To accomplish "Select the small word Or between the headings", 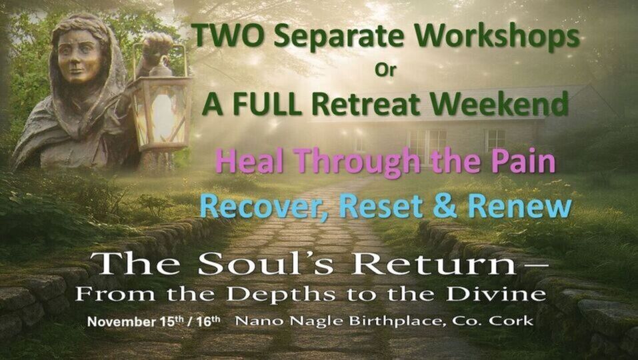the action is (x=385, y=70).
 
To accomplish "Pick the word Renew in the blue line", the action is (x=520, y=207).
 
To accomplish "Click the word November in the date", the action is (x=121, y=322).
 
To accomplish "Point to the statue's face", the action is (x=80, y=56).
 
